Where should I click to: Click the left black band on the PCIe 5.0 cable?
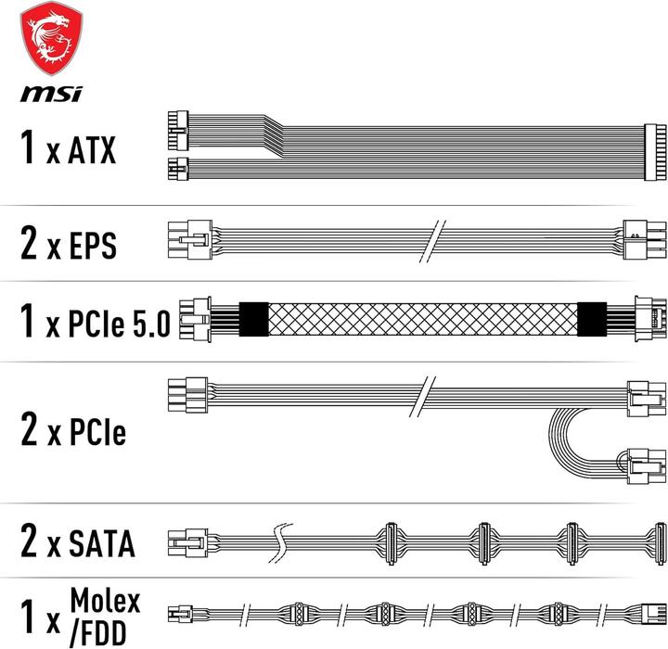[x=253, y=320]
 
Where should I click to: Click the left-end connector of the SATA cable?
[x=185, y=540]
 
